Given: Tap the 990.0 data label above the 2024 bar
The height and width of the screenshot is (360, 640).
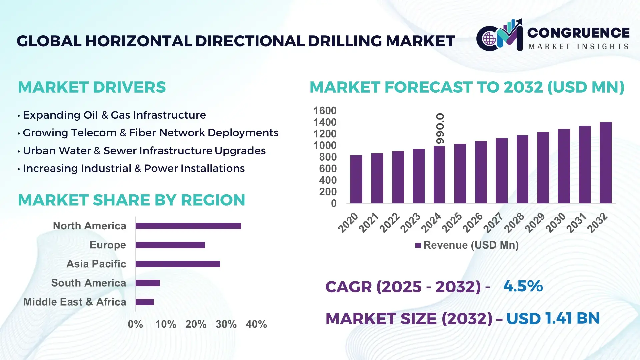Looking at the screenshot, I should pyautogui.click(x=440, y=129).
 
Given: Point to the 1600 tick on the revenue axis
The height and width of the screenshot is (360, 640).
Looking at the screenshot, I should pyautogui.click(x=325, y=111).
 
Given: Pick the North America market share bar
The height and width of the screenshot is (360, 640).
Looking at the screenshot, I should pyautogui.click(x=188, y=226).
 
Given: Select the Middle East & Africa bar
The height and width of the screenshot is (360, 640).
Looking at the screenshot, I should pyautogui.click(x=144, y=302).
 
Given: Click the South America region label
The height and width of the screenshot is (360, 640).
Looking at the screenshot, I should pyautogui.click(x=88, y=283).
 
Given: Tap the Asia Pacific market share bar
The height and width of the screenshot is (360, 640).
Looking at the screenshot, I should pyautogui.click(x=178, y=264).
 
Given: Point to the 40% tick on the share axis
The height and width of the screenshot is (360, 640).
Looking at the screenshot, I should pyautogui.click(x=256, y=324).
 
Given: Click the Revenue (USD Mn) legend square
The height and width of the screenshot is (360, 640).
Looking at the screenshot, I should pyautogui.click(x=418, y=245).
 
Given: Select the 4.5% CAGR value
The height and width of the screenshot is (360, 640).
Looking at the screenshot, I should pyautogui.click(x=523, y=286).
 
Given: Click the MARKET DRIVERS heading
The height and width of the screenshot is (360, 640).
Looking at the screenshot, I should pyautogui.click(x=92, y=87).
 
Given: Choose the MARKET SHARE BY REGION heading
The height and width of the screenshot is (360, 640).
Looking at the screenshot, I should pyautogui.click(x=131, y=200).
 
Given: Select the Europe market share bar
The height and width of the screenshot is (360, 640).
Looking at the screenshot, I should pyautogui.click(x=170, y=245).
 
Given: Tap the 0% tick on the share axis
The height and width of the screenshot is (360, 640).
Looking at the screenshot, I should pyautogui.click(x=135, y=324).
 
